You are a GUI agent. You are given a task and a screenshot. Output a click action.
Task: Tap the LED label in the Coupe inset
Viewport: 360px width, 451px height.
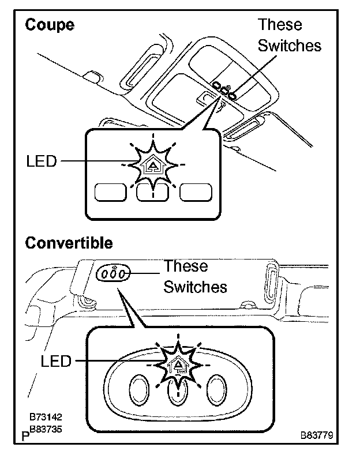tap(42, 161)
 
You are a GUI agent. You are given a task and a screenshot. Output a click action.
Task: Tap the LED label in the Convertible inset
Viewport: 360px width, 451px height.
tap(56, 361)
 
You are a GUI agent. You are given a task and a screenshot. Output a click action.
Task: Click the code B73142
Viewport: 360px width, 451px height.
tap(46, 416)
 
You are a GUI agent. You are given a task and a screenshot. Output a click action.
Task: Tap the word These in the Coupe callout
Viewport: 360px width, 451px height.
tap(280, 25)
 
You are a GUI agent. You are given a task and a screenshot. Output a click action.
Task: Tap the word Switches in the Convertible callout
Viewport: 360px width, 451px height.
tap(195, 287)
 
